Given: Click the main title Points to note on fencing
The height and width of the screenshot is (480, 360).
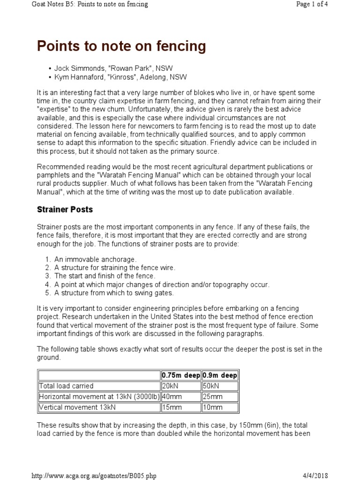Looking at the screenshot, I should click(x=121, y=46).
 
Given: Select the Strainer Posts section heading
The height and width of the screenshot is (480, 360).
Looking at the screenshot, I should click(x=65, y=209).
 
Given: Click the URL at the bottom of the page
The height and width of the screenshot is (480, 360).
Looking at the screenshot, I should click(x=93, y=475).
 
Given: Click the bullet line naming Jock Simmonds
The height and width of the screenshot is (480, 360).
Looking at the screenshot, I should click(x=111, y=68).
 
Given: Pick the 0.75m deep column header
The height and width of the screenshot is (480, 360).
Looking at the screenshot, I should click(x=181, y=375).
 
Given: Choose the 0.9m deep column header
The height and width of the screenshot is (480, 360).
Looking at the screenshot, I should click(x=219, y=375).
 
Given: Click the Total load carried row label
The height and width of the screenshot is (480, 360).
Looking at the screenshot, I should click(x=66, y=386).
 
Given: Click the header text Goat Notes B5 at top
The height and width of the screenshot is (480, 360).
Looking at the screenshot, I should click(x=89, y=5).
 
